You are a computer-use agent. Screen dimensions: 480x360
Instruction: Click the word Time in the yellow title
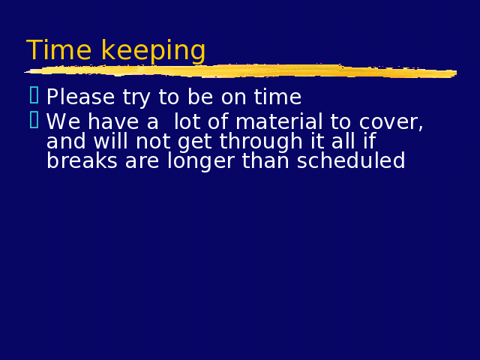coord(58,49)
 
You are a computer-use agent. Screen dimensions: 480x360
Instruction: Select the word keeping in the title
coord(153,52)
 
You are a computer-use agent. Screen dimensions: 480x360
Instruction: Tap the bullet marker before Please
coord(34,95)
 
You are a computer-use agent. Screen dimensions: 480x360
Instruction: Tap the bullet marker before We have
coord(34,120)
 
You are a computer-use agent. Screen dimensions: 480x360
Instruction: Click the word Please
coord(80,97)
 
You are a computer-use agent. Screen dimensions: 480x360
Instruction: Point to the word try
coord(136,98)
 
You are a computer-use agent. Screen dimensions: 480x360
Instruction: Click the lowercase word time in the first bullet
coord(277,97)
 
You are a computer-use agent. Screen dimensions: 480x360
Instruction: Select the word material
coord(279,121)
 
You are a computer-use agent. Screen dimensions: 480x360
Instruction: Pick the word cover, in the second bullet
coord(391,122)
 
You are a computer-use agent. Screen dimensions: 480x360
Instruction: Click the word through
coord(261,142)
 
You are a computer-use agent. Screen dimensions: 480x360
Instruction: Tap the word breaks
coord(82,160)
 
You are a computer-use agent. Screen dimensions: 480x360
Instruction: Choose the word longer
coord(201,162)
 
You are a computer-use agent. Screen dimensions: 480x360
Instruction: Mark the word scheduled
coord(351,160)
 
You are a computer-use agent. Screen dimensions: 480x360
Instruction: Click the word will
coord(110,141)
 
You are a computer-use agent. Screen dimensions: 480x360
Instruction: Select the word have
coord(113,121)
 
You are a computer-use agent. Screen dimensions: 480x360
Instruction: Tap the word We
coord(64,121)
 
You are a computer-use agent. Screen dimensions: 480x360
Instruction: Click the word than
coord(265,160)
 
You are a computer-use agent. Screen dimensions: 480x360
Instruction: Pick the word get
coord(195,142)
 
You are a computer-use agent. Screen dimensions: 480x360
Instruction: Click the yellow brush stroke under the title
coord(240,71)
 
